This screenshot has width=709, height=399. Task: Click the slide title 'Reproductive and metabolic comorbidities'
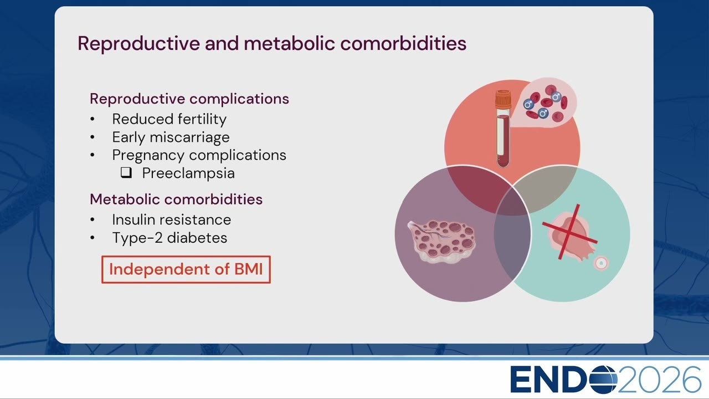click(272, 43)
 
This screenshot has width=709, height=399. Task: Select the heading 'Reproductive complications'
click(189, 99)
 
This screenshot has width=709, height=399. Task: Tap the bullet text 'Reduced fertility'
click(169, 119)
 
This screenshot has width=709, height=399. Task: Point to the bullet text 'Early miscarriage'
click(171, 137)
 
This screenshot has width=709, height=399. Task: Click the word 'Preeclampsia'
click(188, 173)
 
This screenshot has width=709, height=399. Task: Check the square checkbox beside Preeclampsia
click(126, 172)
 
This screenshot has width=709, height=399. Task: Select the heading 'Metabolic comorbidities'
click(176, 199)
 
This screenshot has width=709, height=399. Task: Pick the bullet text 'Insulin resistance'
click(172, 220)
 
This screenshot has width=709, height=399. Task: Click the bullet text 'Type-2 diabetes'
click(169, 238)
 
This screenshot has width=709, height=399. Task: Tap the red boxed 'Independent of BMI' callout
click(186, 269)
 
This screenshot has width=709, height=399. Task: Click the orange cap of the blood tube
click(504, 99)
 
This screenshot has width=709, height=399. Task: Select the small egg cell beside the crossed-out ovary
click(601, 263)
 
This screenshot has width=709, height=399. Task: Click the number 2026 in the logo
click(659, 380)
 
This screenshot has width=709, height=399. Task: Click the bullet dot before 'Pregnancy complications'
click(93, 155)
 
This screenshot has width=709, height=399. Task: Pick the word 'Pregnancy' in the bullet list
click(148, 156)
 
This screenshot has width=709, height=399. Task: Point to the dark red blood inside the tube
click(504, 141)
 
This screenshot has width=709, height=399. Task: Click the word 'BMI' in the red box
click(249, 269)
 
